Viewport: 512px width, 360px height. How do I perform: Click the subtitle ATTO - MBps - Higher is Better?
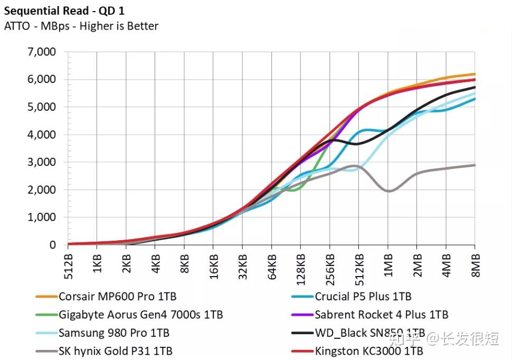81,26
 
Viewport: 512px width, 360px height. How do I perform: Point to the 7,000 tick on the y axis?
41,52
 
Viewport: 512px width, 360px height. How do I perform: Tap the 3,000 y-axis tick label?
41,163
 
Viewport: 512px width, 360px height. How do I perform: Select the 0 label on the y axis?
52,245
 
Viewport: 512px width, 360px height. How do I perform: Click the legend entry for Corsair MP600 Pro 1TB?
117,297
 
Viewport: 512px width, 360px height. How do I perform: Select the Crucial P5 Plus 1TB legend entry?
363,297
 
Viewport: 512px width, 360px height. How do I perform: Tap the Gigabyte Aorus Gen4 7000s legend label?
140,315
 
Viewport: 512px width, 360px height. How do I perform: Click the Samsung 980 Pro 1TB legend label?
114,333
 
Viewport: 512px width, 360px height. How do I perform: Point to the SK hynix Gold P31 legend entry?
115,351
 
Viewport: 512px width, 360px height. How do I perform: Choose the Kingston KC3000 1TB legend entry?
368,351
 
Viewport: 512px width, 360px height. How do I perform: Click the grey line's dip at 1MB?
388,191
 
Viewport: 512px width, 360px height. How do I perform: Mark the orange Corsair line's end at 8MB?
474,74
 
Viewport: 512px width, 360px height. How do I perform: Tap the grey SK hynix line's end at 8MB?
474,165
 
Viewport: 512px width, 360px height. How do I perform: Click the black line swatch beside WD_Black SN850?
302,333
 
